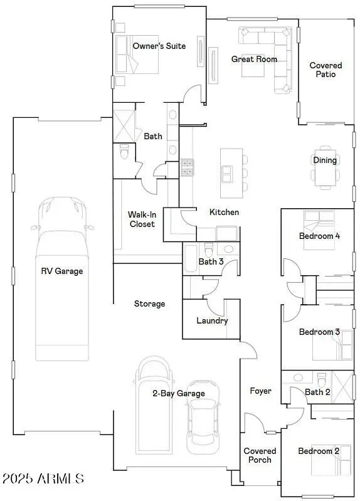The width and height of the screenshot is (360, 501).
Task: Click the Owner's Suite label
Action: tap(159, 46)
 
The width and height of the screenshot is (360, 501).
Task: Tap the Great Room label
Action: tap(254, 59)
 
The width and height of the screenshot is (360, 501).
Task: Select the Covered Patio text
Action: tap(326, 70)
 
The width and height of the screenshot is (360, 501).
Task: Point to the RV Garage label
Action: tap(62, 272)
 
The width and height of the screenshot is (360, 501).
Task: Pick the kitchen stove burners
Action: tap(188, 167)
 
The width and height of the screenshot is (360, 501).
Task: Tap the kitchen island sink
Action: tap(227, 174)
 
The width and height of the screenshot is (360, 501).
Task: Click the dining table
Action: tap(326, 168)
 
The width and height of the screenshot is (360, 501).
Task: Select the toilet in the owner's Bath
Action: tap(124, 152)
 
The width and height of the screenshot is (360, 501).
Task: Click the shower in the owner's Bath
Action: tap(124, 125)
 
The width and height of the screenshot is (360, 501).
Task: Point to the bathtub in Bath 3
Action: tap(191, 259)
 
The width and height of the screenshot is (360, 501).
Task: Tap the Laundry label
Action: tap(212, 320)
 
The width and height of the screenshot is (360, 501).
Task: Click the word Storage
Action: tap(150, 303)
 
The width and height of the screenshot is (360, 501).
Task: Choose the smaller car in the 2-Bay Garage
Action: tap(203, 417)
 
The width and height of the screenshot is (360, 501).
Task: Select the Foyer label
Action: tap(260, 391)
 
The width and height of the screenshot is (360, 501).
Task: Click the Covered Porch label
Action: tap(260, 455)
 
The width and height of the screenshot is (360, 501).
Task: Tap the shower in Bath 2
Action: tap(342, 387)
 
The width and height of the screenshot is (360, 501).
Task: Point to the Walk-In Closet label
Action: tap(142, 219)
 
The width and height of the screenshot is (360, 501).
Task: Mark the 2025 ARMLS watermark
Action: tap(43, 478)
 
